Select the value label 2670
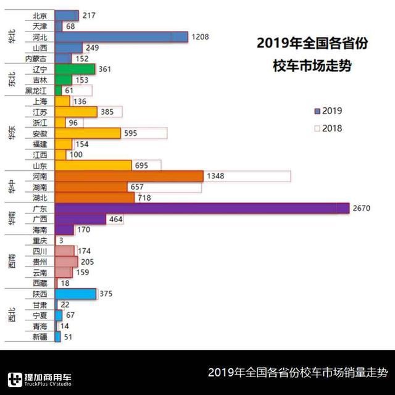tap(361, 208)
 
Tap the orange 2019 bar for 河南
tap(129, 176)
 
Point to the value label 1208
tap(201, 37)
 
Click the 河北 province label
tap(39, 37)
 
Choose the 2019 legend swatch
tap(317, 112)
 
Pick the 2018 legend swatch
tap(317, 129)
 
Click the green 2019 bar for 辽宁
tap(75, 69)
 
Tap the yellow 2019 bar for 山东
tap(93, 165)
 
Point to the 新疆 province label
tap(39, 337)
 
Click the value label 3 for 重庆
tap(60, 240)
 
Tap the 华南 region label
tap(12, 219)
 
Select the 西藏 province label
tap(39, 283)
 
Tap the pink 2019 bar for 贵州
tap(66, 262)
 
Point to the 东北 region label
tap(12, 80)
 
